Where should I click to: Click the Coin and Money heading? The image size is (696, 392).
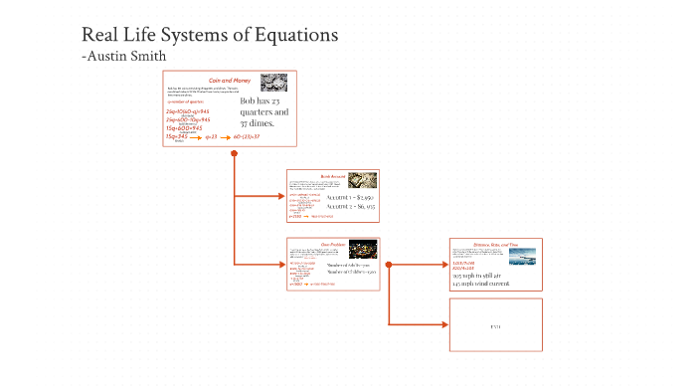click(x=229, y=80)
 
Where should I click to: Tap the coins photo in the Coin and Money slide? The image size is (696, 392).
click(x=274, y=83)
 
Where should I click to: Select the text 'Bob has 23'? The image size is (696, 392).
click(x=264, y=101)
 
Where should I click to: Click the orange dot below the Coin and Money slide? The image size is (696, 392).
click(x=234, y=153)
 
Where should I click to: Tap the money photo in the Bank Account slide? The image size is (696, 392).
click(x=361, y=182)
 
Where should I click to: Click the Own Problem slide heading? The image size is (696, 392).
click(x=333, y=242)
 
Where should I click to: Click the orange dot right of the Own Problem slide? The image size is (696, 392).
click(x=389, y=265)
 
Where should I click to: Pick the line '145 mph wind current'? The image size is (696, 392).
click(x=481, y=285)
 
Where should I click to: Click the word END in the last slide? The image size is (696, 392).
click(x=495, y=326)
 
